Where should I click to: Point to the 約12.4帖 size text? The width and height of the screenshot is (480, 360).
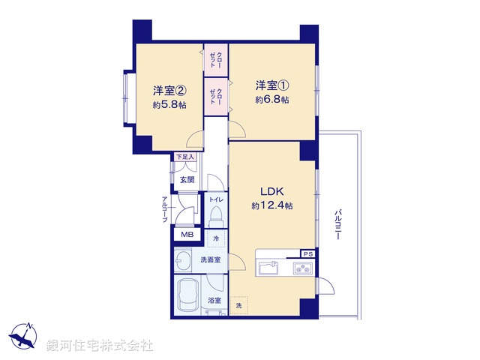[272, 205]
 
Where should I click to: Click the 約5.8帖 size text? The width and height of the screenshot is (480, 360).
[169, 106]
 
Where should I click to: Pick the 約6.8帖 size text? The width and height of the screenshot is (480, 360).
[271, 99]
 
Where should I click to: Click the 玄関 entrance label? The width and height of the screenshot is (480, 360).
[187, 180]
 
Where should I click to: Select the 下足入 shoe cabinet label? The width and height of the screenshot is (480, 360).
[184, 157]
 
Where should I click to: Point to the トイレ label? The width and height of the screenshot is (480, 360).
[215, 199]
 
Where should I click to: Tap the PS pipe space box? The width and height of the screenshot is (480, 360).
[307, 253]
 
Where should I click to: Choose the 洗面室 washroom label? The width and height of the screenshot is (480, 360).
[209, 259]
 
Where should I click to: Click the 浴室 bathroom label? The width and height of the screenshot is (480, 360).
[214, 301]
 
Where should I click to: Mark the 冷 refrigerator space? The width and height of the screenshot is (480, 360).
[217, 239]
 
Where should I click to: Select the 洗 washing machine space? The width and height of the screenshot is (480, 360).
[239, 305]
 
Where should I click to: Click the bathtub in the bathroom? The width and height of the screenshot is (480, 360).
[188, 295]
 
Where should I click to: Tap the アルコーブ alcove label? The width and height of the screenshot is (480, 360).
[164, 209]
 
